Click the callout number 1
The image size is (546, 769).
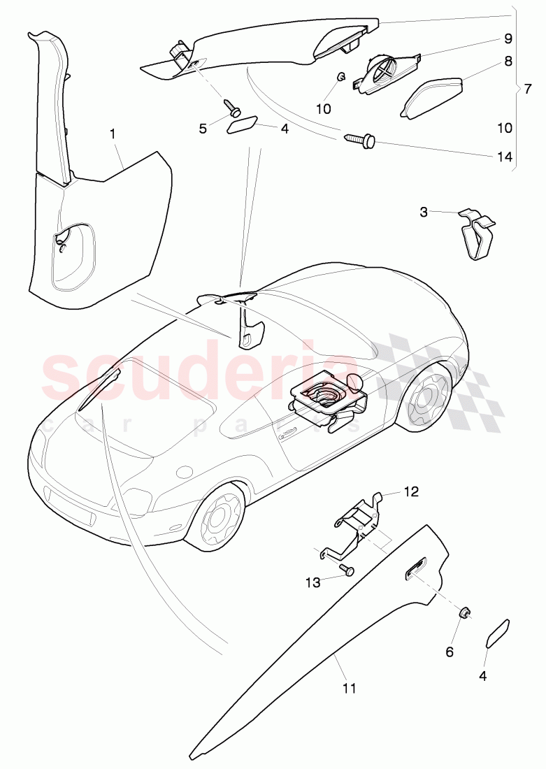click(x=113, y=131)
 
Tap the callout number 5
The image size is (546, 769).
click(x=203, y=128)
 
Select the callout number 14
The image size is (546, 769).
click(x=503, y=156)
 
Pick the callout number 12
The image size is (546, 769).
click(x=410, y=491)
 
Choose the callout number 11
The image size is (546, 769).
click(x=350, y=688)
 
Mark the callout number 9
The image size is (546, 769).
click(x=508, y=37)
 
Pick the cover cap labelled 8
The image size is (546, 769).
click(x=432, y=98)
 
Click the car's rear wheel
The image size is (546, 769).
click(x=426, y=395)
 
